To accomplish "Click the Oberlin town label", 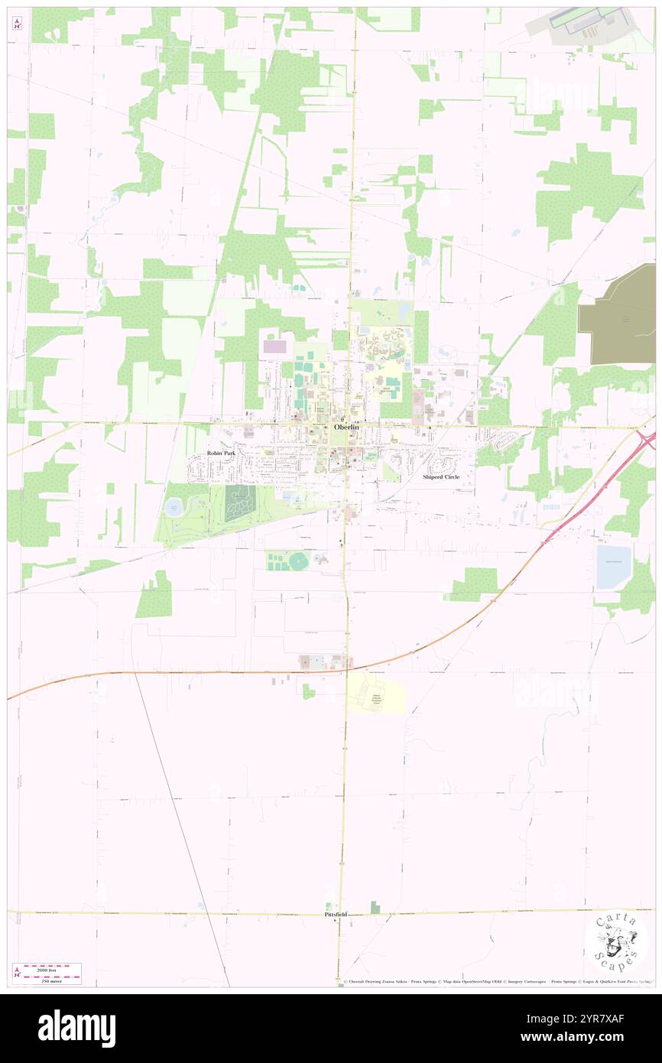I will click(346, 427).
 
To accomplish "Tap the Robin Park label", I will click(222, 453).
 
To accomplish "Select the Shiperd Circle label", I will click(441, 476).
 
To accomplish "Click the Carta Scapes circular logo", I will click(616, 942).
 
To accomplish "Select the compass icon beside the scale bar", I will click(16, 973).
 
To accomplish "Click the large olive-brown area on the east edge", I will click(619, 314).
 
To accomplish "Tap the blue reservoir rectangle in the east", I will click(613, 567).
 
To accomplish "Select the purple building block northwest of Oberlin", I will click(273, 346).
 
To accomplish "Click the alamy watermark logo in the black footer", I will click(76, 1029).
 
